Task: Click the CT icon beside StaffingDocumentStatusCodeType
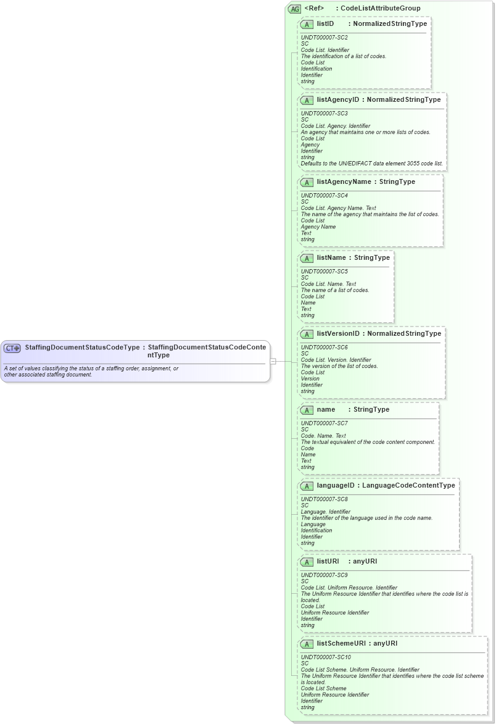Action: click(x=12, y=348)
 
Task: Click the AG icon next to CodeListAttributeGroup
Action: click(x=294, y=9)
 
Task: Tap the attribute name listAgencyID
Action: click(x=337, y=100)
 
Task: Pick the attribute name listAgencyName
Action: click(x=344, y=182)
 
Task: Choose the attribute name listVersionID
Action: click(x=338, y=334)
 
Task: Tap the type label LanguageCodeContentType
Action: click(x=408, y=486)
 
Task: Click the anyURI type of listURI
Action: click(x=365, y=562)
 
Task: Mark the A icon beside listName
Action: click(x=307, y=258)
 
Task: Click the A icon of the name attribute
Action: click(x=307, y=410)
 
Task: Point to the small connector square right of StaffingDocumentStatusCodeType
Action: click(x=273, y=361)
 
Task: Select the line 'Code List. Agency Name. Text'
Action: click(x=338, y=208)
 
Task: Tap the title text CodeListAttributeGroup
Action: click(x=381, y=9)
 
